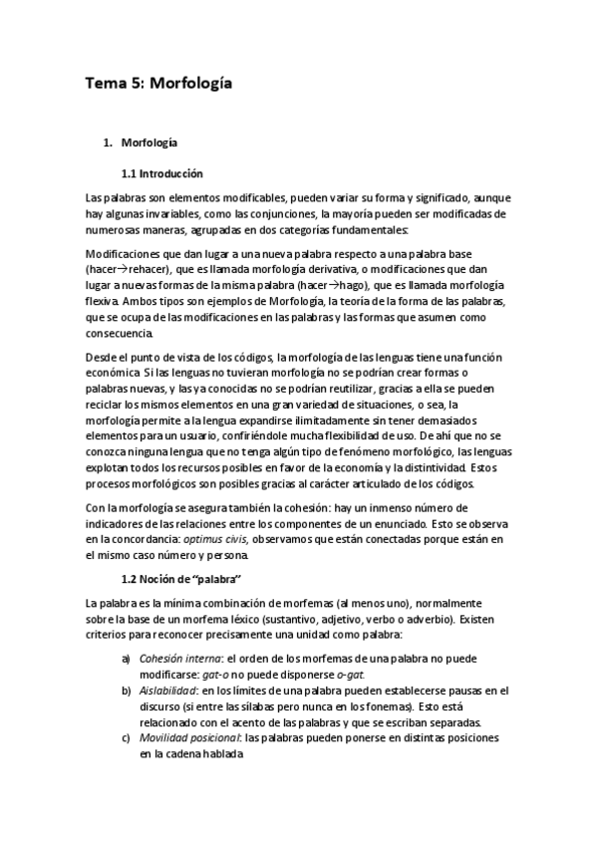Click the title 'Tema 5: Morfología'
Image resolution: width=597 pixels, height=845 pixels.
(x=158, y=84)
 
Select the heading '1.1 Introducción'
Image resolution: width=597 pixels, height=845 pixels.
(x=161, y=172)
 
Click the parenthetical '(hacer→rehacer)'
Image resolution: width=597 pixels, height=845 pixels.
(x=126, y=269)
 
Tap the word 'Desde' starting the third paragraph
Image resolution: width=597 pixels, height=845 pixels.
(x=103, y=358)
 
